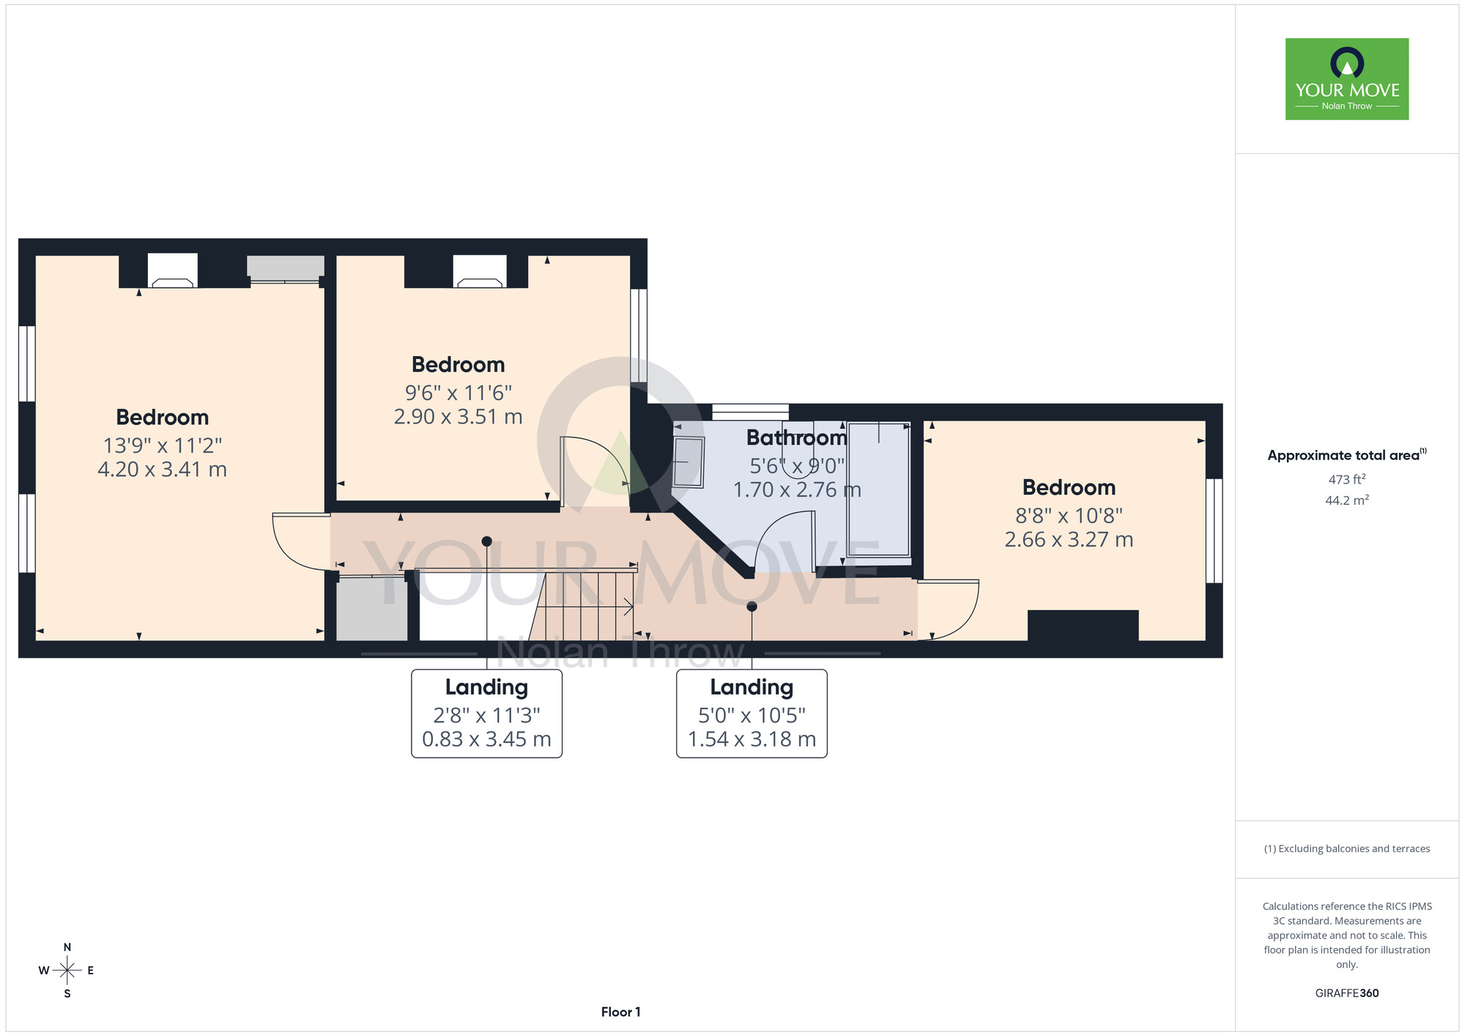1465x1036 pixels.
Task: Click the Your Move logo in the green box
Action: (1347, 79)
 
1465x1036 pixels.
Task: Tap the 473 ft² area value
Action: (1347, 479)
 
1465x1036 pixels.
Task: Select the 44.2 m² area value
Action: (1347, 500)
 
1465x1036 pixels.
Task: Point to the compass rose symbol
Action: (67, 971)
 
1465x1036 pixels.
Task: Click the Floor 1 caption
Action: (620, 1012)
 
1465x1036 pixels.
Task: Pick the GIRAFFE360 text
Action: (1347, 994)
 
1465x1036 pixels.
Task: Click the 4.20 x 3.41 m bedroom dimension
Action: (162, 469)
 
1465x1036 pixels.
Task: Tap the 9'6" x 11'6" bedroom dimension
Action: (459, 393)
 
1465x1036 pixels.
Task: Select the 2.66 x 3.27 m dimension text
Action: (1069, 539)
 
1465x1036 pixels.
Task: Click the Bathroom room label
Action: (797, 437)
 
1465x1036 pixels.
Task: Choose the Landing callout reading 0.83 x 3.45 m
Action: (486, 713)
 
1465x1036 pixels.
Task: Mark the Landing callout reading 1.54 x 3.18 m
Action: (752, 713)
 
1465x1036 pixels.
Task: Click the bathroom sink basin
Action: (689, 462)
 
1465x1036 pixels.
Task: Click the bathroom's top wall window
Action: (750, 412)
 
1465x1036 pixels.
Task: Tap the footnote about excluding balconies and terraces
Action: (1347, 848)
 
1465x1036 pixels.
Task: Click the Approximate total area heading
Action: (1347, 455)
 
